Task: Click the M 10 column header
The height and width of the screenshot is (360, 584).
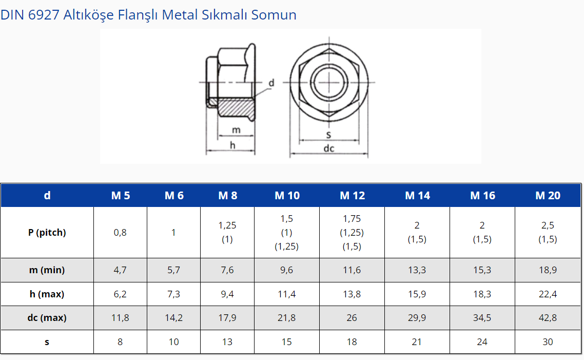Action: click(x=287, y=195)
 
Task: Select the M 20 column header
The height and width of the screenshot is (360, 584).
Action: click(x=548, y=195)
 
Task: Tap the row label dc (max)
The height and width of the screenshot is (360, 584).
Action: click(x=47, y=317)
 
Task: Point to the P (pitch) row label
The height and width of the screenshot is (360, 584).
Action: click(x=47, y=232)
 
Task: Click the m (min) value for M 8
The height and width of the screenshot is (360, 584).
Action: click(x=227, y=270)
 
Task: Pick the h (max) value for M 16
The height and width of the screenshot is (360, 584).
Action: click(x=482, y=294)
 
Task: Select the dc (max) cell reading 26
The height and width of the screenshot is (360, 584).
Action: click(x=352, y=317)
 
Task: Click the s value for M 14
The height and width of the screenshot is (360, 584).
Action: click(x=417, y=342)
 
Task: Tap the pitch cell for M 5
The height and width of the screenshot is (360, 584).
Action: click(x=120, y=233)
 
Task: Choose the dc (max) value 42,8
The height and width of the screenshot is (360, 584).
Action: click(x=548, y=317)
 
